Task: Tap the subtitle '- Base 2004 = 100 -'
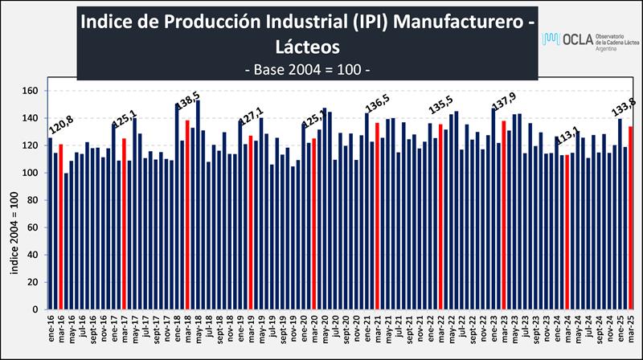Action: (306, 69)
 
